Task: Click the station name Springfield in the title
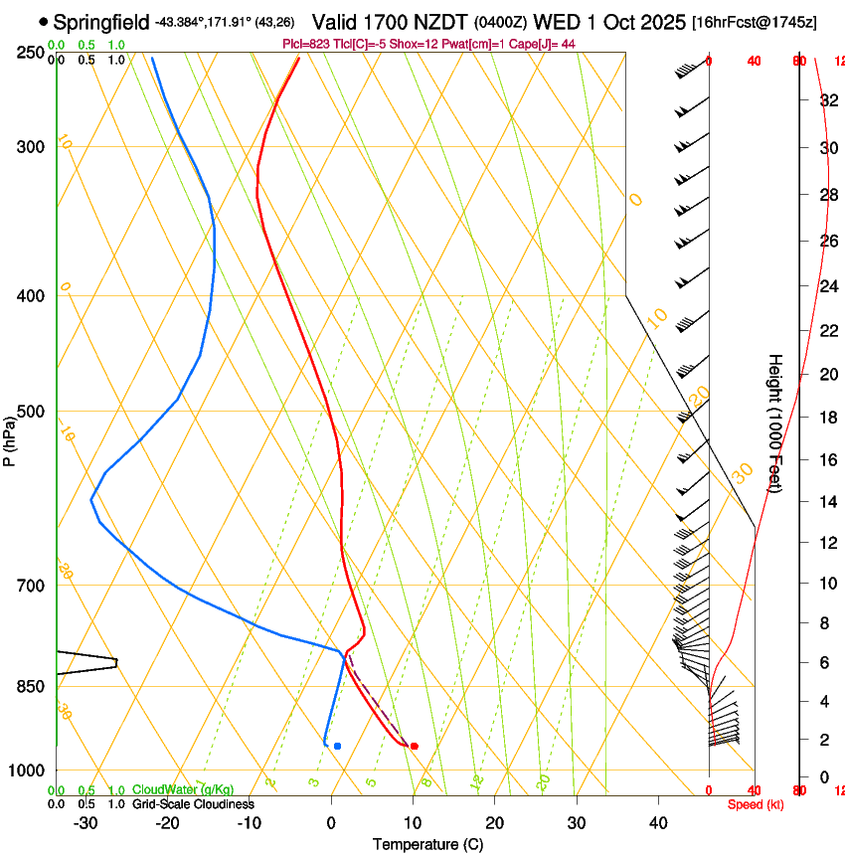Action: [101, 22]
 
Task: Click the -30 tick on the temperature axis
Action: [85, 823]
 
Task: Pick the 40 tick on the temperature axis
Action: [657, 823]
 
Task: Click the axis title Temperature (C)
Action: [427, 844]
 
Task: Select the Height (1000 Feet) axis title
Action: [775, 422]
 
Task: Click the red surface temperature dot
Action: [415, 746]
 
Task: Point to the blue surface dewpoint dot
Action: [338, 746]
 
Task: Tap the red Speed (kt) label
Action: [756, 804]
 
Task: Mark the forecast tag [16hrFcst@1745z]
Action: [755, 22]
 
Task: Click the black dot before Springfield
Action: [43, 21]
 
